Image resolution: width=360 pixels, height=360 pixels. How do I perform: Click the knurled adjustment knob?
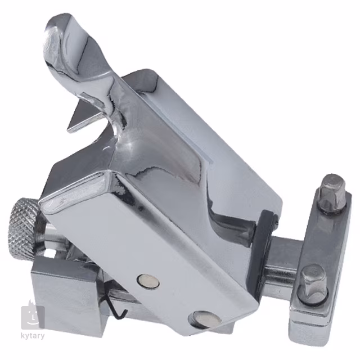[25, 227]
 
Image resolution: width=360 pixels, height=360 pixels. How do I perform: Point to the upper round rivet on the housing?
[148, 281]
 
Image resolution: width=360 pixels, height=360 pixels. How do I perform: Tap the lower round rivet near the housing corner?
[204, 319]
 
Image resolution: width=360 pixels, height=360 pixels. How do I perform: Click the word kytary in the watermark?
[33, 336]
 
